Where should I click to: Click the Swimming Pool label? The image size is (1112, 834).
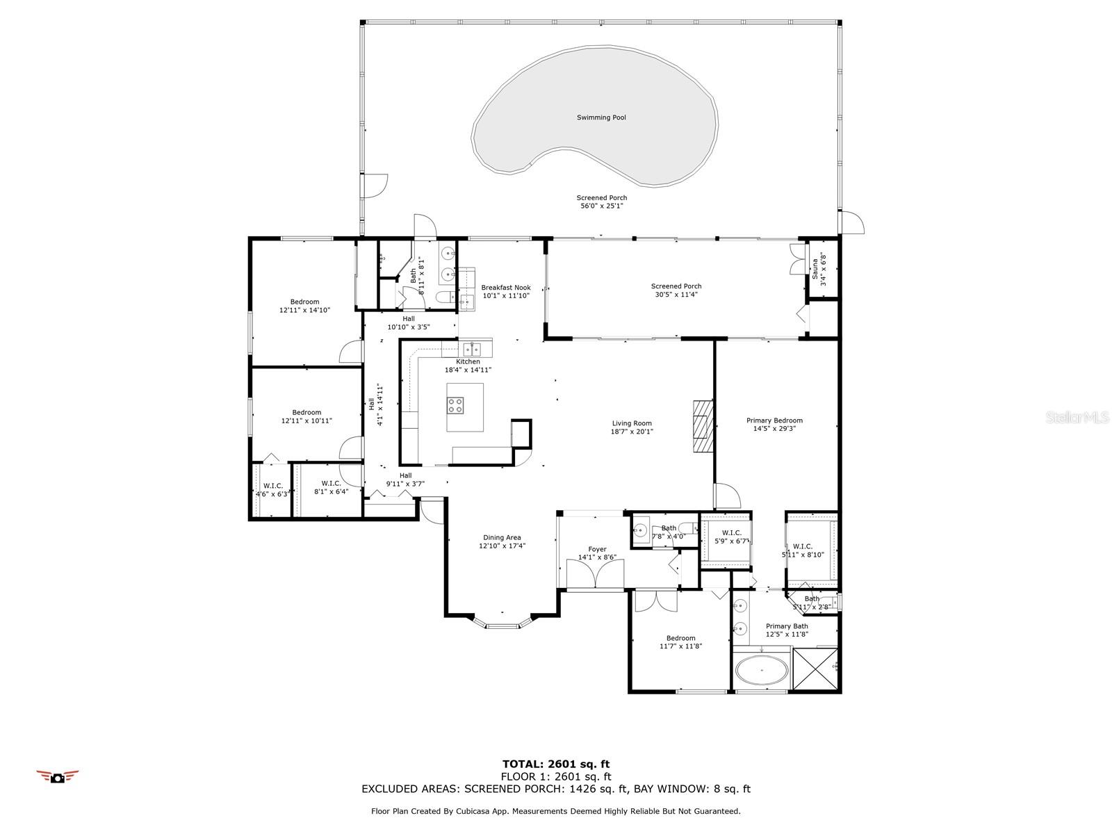(x=601, y=117)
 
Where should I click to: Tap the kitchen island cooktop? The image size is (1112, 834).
(x=455, y=405)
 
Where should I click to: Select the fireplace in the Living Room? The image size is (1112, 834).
(x=703, y=426)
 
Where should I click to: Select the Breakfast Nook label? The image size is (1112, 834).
(x=505, y=288)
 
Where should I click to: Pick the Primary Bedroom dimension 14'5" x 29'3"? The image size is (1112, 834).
(x=774, y=428)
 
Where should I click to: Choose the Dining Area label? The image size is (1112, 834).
(x=502, y=538)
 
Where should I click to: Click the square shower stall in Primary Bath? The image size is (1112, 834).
(x=815, y=668)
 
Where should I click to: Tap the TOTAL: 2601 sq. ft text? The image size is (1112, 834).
(x=556, y=764)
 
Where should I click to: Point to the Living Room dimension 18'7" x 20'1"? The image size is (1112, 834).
(x=632, y=432)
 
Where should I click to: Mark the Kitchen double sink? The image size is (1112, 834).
(x=472, y=350)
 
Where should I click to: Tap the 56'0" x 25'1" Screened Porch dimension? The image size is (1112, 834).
(x=601, y=206)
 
